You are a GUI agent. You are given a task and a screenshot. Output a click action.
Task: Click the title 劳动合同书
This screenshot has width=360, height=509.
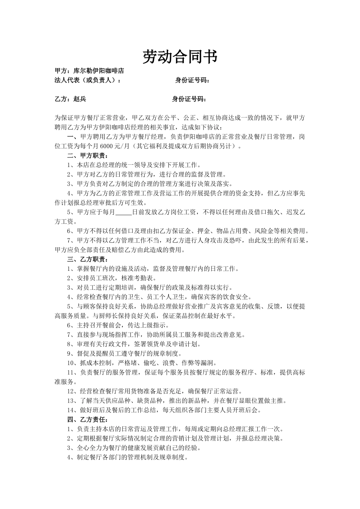pos(180,57)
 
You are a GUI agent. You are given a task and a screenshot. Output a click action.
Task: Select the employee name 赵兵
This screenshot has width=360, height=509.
pos(80,99)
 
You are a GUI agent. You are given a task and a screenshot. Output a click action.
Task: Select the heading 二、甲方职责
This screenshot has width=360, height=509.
pos(87,156)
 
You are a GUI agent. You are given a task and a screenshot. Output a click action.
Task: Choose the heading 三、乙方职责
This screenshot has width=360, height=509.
pos(87,259)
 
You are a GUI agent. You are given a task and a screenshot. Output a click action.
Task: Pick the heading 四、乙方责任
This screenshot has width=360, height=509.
pos(87,420)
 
